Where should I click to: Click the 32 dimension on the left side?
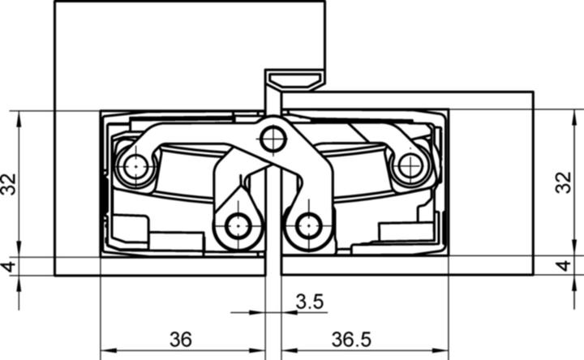tap(9, 183)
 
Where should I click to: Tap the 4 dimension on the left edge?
tap(9, 266)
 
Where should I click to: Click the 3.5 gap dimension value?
tap(310, 302)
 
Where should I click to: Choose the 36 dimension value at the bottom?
tap(181, 340)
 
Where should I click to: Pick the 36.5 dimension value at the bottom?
tap(350, 340)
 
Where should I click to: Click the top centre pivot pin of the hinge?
tap(273, 139)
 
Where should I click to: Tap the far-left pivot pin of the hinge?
tap(135, 168)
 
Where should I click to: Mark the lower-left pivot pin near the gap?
tap(238, 226)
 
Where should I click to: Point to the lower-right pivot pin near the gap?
tap(309, 226)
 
